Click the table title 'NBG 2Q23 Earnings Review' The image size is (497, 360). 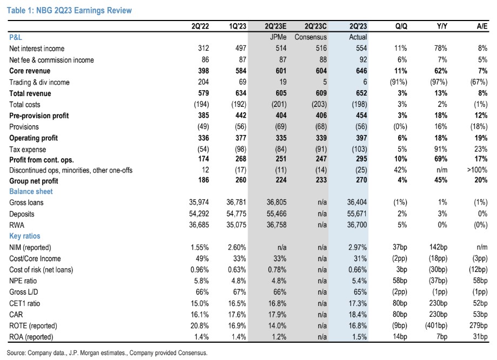pos(84,10)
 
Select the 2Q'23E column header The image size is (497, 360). pos(276,26)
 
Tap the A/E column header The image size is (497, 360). pos(482,26)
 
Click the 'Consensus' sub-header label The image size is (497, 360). pos(311,37)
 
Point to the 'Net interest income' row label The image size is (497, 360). pos(37,49)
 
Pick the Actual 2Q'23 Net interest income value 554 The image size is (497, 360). pos(361,48)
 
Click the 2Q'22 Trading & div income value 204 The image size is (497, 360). pos(203,82)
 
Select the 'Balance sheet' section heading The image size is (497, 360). pos(31,192)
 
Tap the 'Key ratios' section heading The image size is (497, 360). pos(25,236)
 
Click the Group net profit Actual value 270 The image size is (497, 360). pos(361,180)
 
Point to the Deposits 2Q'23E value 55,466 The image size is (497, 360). pos(277,214)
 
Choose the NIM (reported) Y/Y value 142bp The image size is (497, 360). pos(438,247)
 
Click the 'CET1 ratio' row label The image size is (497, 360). pos(25,303)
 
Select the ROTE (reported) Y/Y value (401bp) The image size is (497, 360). pos(436,325)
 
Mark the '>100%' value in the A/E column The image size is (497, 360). pos(477,169)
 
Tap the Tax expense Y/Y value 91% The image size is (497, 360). pos(441,149)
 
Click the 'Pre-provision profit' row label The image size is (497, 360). pos(39,116)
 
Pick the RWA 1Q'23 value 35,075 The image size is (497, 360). pos(236,225)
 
